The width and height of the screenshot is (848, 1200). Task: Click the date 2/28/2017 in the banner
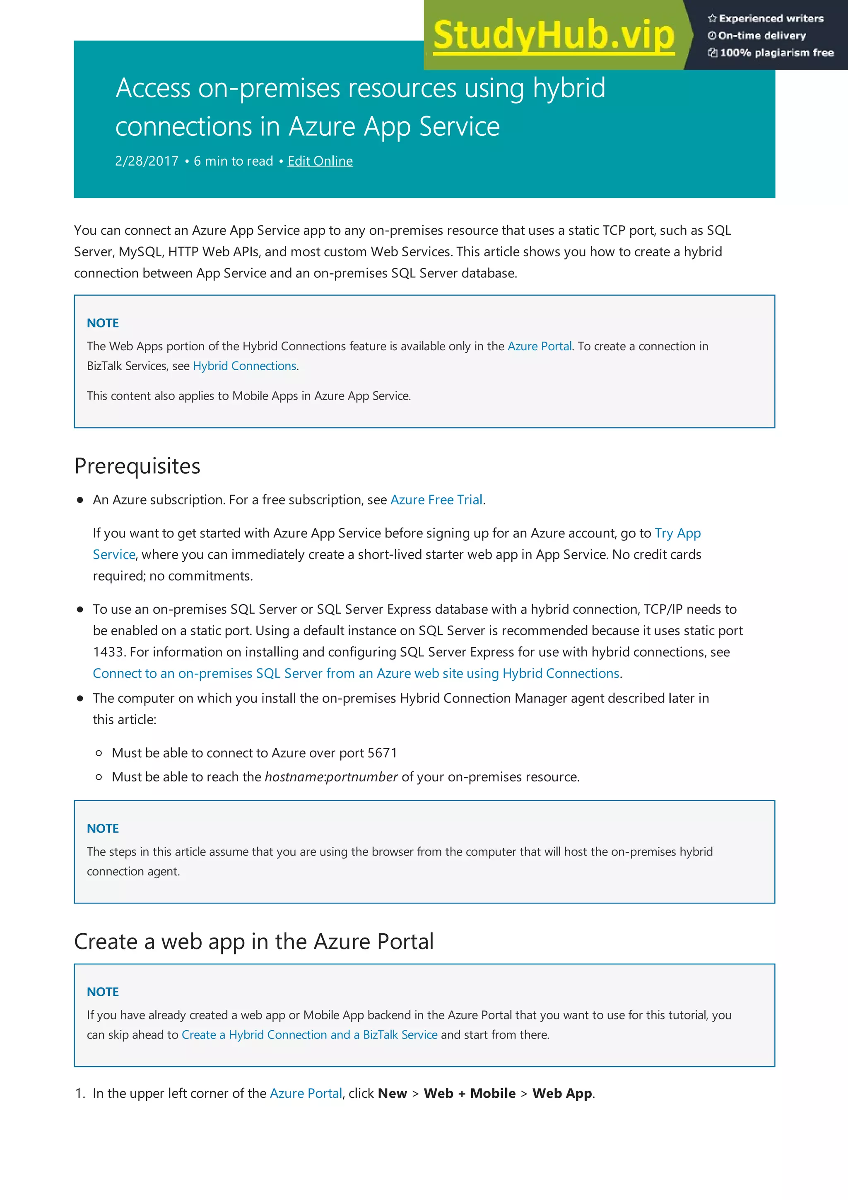[x=147, y=161]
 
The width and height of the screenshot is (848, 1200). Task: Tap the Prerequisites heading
[x=137, y=466]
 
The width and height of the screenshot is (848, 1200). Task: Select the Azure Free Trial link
[x=436, y=500]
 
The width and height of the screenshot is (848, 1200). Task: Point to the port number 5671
[x=383, y=753]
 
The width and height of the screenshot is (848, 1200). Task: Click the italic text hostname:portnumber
[x=331, y=777]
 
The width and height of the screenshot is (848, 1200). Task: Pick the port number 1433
[x=108, y=652]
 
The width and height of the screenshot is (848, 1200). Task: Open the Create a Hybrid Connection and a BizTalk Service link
[x=309, y=1035]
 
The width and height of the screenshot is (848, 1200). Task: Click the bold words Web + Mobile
[x=469, y=1094]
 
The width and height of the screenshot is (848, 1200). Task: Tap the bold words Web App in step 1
[x=562, y=1094]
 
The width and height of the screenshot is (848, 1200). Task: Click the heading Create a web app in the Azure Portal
[x=253, y=942]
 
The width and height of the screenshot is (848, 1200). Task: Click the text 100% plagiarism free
[x=776, y=53]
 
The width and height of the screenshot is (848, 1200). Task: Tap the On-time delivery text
[x=762, y=36]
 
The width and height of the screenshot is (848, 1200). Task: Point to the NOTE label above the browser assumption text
[x=103, y=829]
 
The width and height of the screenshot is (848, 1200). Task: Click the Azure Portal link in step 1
[x=306, y=1094]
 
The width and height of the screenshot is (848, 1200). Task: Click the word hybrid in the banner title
[x=569, y=88]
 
